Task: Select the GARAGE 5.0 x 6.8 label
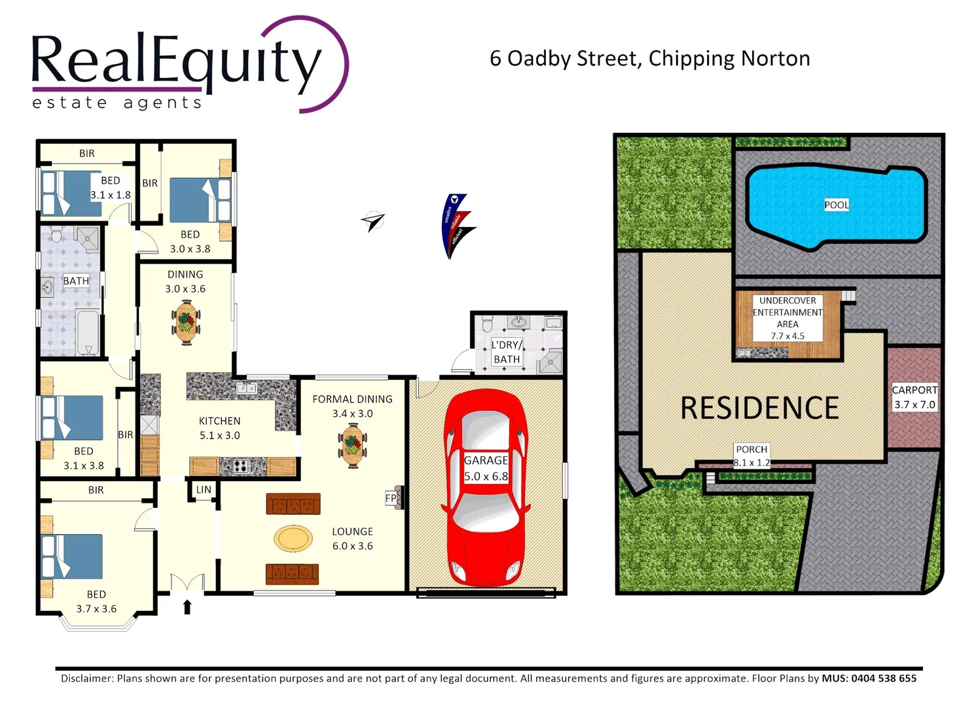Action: tap(486, 469)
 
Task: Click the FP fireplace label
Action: tap(391, 498)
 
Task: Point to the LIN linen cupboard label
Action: tap(204, 490)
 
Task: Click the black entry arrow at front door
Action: tap(187, 607)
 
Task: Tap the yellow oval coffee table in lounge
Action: tap(293, 539)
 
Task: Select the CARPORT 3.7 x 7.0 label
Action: tap(914, 397)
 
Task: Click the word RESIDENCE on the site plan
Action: tap(759, 408)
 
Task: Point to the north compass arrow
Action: tap(372, 221)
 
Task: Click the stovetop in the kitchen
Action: tap(241, 466)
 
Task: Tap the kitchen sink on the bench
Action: tap(246, 388)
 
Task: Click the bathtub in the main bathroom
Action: tap(87, 333)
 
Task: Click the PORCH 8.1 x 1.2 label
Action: tap(751, 456)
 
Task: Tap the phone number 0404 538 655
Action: tap(883, 678)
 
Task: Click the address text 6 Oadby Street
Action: tap(564, 59)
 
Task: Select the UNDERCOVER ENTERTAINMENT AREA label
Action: tap(787, 318)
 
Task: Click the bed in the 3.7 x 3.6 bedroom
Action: tap(72, 556)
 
